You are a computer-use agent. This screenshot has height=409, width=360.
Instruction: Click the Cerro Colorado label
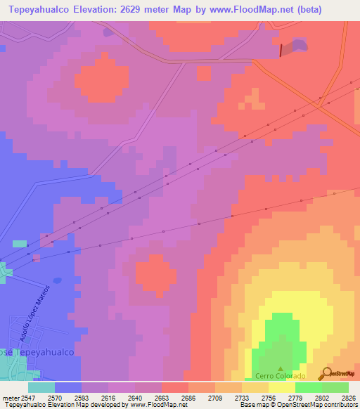(x=281, y=376)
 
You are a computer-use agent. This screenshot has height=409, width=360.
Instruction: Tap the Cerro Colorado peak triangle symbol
(x=281, y=368)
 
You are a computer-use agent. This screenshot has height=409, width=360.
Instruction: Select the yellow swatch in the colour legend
(x=281, y=387)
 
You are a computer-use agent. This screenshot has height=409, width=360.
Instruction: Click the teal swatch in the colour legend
(x=41, y=387)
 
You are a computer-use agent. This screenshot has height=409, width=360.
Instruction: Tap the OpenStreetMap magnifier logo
(x=327, y=374)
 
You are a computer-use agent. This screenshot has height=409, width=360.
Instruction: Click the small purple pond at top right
(x=298, y=45)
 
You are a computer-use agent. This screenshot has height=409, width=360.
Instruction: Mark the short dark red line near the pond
(x=283, y=50)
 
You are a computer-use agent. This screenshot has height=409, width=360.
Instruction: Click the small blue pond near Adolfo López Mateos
(x=57, y=280)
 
